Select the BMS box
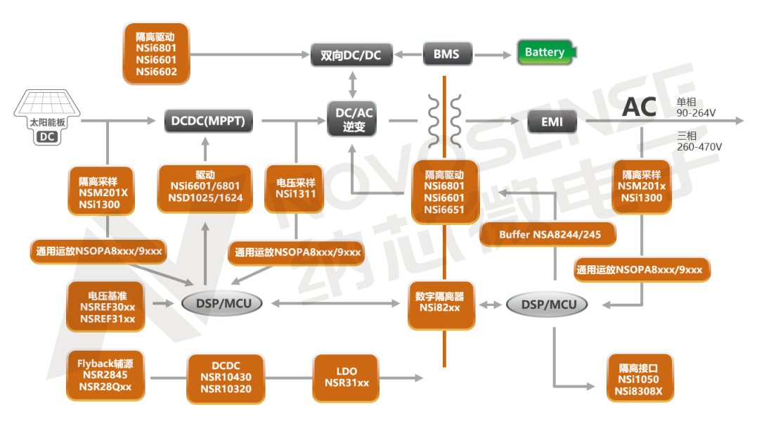click(446, 54)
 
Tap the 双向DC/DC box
click(351, 55)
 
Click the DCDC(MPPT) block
click(209, 121)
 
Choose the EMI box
click(552, 122)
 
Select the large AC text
click(639, 108)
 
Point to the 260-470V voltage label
click(699, 147)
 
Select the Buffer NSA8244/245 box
click(547, 235)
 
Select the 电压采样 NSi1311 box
click(295, 188)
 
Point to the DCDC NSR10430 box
click(226, 378)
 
